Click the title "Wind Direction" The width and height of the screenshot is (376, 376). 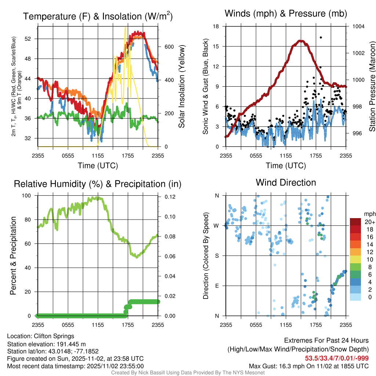286,182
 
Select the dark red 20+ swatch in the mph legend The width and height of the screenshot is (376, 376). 356,222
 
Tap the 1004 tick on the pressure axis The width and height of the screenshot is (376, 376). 358,26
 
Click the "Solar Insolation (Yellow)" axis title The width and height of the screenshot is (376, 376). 182,87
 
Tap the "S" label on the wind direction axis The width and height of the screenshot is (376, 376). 217,256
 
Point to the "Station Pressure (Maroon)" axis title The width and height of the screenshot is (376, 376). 372,87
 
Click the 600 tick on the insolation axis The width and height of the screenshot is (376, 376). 169,47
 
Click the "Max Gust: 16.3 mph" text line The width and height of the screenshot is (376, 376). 308,366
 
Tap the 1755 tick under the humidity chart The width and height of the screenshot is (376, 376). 128,325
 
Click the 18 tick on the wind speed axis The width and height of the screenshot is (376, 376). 216,26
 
